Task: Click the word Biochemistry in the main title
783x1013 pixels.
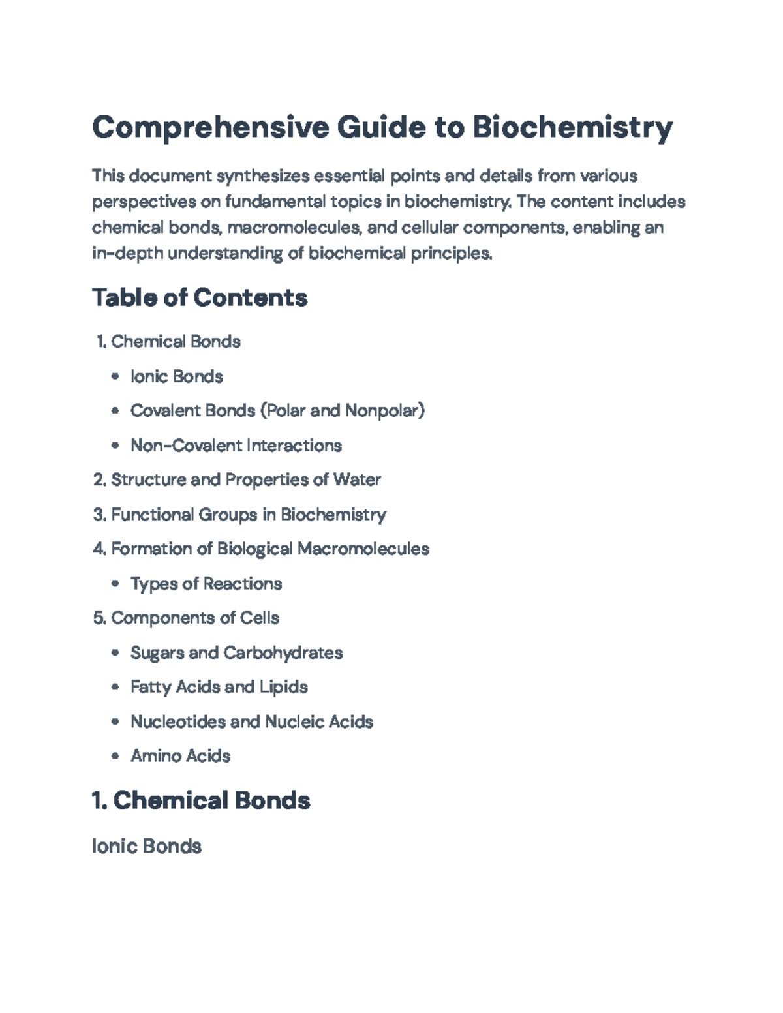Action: coord(572,127)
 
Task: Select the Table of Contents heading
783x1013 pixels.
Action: coord(200,297)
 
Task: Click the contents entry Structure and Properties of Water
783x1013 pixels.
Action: coord(245,480)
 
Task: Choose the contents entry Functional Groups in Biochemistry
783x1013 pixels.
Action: coord(248,515)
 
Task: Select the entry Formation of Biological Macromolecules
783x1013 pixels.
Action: coord(269,549)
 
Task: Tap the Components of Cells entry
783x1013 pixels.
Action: coord(194,618)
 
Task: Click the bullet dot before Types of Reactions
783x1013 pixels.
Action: coord(115,584)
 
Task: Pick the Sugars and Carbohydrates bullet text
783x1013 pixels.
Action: coord(236,652)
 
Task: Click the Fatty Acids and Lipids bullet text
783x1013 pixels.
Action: coord(219,687)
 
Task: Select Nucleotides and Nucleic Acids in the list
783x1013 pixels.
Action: coord(251,721)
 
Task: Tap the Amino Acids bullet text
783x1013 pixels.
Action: coord(180,756)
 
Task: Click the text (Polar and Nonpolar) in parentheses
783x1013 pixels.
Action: coord(343,411)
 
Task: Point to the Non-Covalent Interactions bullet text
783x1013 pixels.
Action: coord(236,446)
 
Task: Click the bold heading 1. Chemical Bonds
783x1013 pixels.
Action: coord(201,800)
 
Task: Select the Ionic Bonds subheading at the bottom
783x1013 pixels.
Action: coord(147,846)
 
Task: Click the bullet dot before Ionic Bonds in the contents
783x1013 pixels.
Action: coord(115,376)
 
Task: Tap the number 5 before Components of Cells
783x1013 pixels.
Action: coord(99,618)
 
